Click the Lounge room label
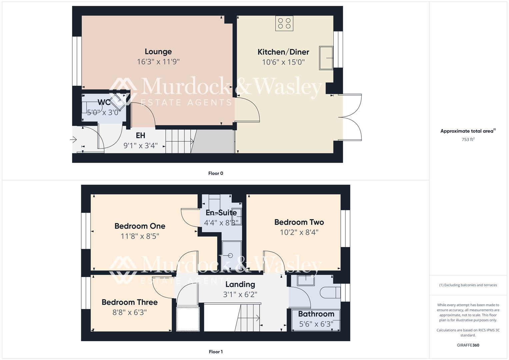point(158,52)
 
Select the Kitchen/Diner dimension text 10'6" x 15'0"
point(283,62)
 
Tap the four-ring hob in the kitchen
point(284,23)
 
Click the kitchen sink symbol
point(326,58)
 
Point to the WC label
point(104,102)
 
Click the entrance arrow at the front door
point(74,140)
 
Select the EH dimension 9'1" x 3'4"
point(140,146)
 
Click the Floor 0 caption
point(216,173)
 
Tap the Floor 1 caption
point(216,352)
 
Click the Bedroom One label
point(140,226)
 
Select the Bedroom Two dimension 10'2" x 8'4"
point(299,232)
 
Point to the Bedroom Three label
point(129,302)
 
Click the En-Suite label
point(221,213)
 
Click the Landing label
point(240,284)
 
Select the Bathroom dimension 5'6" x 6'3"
point(316,324)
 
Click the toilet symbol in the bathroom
point(330,293)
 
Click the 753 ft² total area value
point(468,140)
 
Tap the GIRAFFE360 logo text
point(468,345)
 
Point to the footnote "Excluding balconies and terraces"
point(468,285)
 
